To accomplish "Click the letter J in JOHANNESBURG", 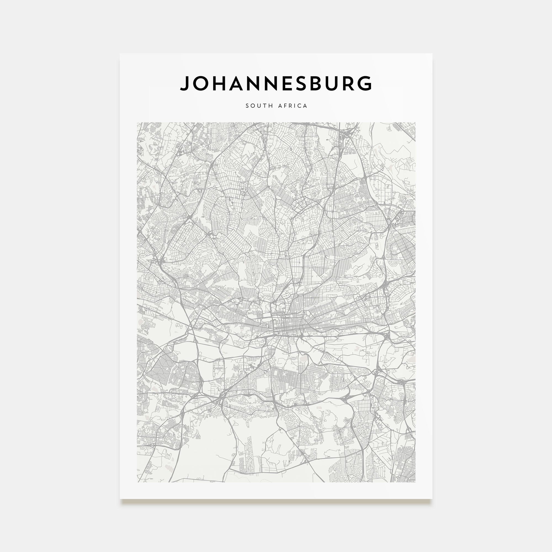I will pyautogui.click(x=185, y=83).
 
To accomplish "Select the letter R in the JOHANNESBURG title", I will pyautogui.click(x=349, y=83).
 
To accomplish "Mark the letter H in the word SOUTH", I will pyautogui.click(x=269, y=106).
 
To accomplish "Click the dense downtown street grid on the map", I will pyautogui.click(x=286, y=326).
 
